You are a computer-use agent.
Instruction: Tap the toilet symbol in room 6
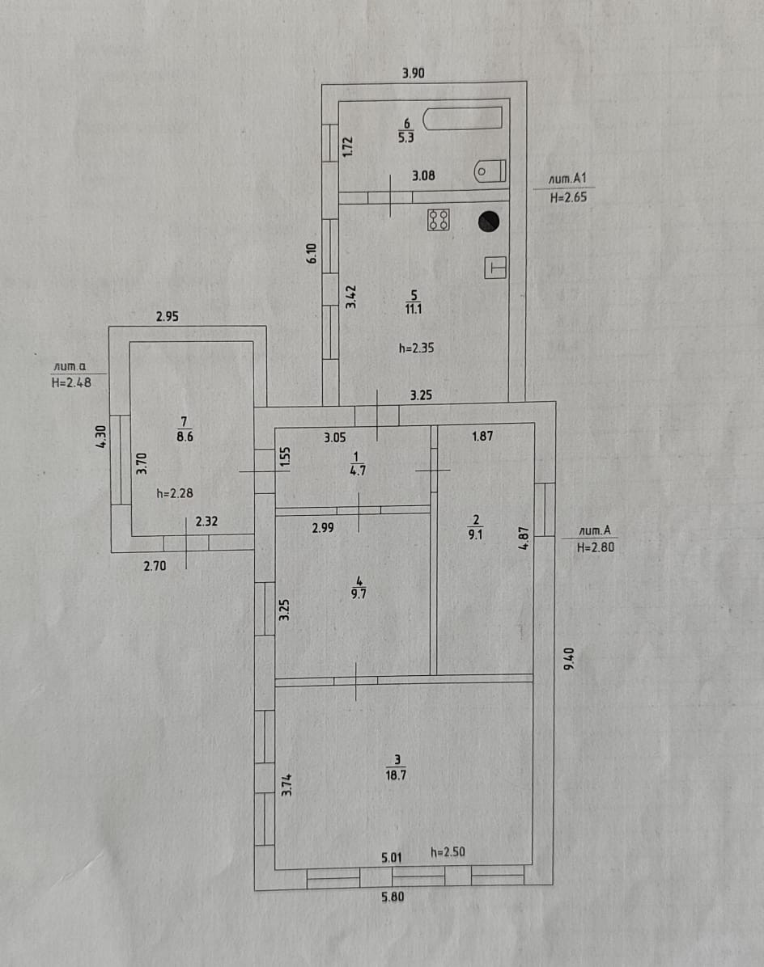pyautogui.click(x=490, y=171)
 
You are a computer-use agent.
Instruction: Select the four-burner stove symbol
pyautogui.click(x=439, y=220)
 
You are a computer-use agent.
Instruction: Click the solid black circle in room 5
pyautogui.click(x=489, y=221)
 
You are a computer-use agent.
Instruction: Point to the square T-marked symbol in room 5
pyautogui.click(x=495, y=268)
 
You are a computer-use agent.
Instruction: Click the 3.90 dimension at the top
pyautogui.click(x=414, y=74)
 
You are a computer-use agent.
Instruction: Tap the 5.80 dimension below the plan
pyautogui.click(x=393, y=896)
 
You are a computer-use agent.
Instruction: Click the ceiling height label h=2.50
pyautogui.click(x=448, y=851)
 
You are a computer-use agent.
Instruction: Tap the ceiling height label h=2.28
pyautogui.click(x=174, y=493)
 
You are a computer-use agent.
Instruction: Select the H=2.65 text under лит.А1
pyautogui.click(x=567, y=196)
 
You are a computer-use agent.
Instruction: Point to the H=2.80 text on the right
pyautogui.click(x=597, y=547)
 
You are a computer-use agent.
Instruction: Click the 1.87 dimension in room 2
pyautogui.click(x=483, y=437)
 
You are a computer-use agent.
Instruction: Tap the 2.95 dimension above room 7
pyautogui.click(x=167, y=317)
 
